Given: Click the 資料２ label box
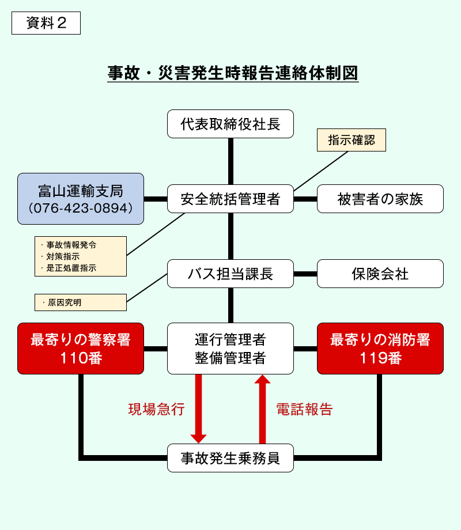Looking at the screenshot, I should [46, 23].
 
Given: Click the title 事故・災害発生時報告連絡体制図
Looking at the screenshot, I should [233, 73].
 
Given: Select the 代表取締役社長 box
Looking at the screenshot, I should [231, 124].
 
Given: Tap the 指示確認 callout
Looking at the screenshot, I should [351, 140].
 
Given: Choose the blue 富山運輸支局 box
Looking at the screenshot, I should [81, 199].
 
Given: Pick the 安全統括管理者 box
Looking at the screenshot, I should [231, 199].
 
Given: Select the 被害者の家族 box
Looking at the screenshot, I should [380, 199].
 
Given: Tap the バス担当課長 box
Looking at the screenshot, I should [231, 274].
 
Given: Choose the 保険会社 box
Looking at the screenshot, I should [380, 274].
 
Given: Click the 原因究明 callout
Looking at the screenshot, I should [81, 302].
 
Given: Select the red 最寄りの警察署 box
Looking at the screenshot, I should [81, 349].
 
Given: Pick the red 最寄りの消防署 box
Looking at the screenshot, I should [380, 349].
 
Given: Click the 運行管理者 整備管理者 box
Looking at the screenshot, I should [231, 349].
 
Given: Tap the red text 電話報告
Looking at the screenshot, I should [304, 410].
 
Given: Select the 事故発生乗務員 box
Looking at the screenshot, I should [231, 458].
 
